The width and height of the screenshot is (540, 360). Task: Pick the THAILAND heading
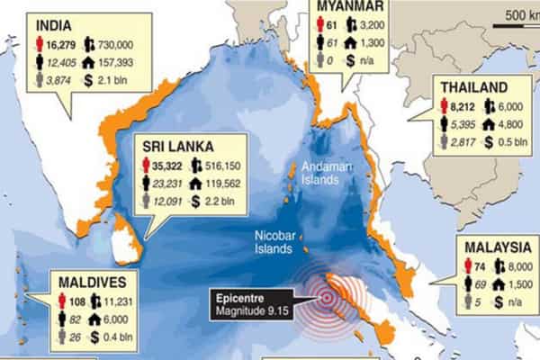(x=473, y=87)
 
